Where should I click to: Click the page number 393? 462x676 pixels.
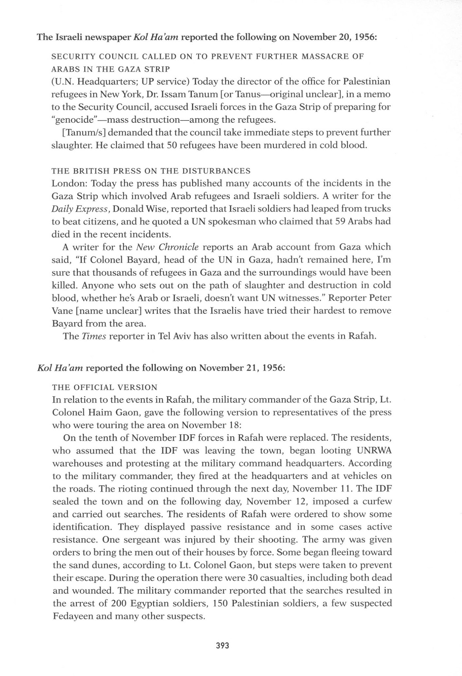coord(222,645)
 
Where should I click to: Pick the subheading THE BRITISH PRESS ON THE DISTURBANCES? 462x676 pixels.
coord(151,171)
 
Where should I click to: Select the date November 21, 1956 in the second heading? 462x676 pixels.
coord(242,368)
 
